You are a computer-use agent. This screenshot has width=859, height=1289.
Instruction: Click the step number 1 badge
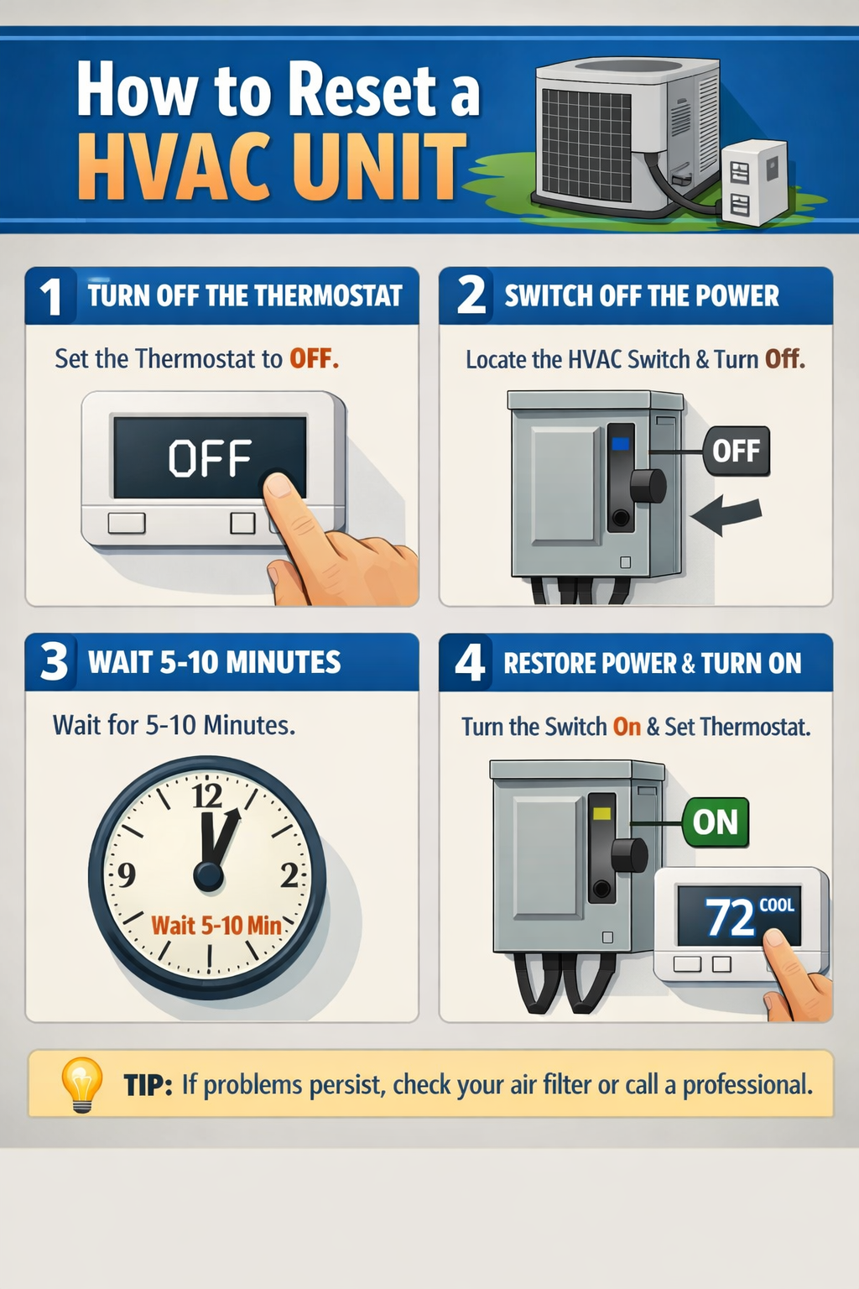(50, 296)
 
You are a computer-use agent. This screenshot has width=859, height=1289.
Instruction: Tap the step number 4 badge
(469, 662)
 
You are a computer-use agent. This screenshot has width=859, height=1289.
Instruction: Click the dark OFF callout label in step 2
(736, 451)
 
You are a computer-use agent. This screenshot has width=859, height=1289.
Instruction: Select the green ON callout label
(715, 822)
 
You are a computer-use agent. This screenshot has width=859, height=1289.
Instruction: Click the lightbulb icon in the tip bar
(81, 1083)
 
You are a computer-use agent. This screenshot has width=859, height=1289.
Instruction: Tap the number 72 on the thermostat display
(730, 917)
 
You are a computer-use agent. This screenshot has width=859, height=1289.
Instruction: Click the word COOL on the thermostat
(776, 905)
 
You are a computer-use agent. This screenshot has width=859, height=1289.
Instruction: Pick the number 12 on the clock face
(207, 795)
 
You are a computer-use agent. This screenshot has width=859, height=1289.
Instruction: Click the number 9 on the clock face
(126, 875)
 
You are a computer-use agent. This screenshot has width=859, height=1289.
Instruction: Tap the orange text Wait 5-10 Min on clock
(216, 926)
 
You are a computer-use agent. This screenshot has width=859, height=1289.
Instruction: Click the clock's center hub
(208, 876)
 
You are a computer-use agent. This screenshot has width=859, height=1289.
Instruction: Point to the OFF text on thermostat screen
(209, 458)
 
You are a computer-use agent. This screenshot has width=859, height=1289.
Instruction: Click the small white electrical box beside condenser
(753, 183)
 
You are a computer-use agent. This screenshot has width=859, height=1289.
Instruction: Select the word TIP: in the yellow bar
(148, 1085)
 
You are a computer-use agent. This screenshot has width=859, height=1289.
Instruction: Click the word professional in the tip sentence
(747, 1085)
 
